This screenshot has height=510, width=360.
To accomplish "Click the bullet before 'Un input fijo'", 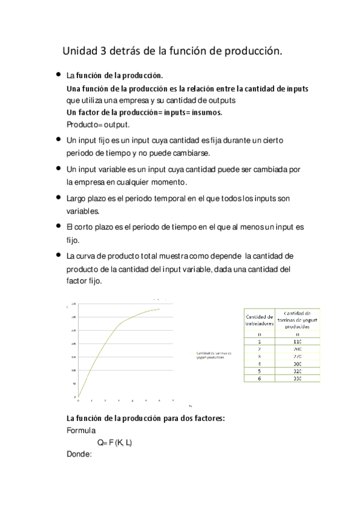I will coord(58,139).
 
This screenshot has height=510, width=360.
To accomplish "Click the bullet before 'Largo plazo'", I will coord(58,197).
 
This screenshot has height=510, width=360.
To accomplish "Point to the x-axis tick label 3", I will coord(118,401).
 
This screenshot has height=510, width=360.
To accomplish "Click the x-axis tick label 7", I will coord(173,401).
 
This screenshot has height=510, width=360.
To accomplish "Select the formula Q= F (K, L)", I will coord(115,443).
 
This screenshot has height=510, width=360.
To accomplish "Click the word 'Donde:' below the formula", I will coord(79,455).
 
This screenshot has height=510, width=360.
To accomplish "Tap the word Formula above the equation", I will coord(81,430).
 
